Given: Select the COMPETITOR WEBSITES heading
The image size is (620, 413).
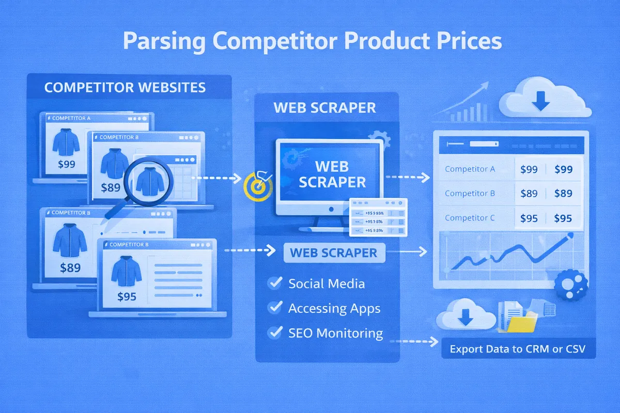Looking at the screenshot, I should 125,87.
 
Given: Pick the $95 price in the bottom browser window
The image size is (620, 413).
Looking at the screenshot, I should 126,297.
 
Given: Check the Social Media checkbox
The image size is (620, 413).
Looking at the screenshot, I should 274,283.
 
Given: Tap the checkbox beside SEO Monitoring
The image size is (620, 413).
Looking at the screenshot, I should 274,332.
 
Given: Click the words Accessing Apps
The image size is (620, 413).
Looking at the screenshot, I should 334,308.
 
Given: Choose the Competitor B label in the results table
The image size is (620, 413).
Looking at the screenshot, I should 470,194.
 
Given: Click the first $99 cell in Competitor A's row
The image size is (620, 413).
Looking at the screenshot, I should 529,169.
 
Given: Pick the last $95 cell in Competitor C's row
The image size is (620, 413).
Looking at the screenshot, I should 563,218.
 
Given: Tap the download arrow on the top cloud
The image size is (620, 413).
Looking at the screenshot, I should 541,102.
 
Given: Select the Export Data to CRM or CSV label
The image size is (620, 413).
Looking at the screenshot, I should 517,350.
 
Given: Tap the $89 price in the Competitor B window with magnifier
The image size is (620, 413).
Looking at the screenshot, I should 111,188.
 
